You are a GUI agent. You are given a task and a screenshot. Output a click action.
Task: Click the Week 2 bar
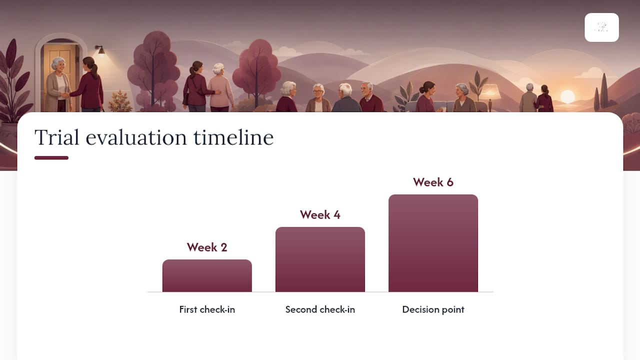[x=207, y=275]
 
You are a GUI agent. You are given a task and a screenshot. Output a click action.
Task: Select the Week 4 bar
[x=320, y=259]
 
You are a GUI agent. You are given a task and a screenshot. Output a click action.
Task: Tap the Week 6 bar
[x=433, y=243]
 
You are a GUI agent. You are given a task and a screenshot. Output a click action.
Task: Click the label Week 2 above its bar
[x=207, y=247]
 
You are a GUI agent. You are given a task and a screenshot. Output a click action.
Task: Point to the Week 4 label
[x=320, y=215]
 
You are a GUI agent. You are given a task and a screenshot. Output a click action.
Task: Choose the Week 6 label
[x=433, y=182]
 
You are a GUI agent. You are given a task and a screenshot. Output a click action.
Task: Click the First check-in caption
[x=207, y=309]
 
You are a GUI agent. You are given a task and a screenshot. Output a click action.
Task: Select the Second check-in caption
[x=320, y=309]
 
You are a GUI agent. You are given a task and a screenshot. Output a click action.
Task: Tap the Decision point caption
[x=433, y=309]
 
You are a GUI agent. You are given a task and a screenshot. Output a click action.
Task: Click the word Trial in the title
[x=57, y=137]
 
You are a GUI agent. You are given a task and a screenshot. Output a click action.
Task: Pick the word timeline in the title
[x=233, y=137]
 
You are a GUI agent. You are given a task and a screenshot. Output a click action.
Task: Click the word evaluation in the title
[x=136, y=137]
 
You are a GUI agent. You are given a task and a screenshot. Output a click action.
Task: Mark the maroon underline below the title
[x=51, y=157]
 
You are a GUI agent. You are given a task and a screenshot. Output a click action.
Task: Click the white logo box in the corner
[x=601, y=27]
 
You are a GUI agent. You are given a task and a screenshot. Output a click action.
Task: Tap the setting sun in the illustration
[x=567, y=96]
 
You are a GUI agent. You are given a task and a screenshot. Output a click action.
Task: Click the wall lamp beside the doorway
[x=100, y=50]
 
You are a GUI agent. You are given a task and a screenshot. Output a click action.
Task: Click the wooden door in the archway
[x=60, y=77]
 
